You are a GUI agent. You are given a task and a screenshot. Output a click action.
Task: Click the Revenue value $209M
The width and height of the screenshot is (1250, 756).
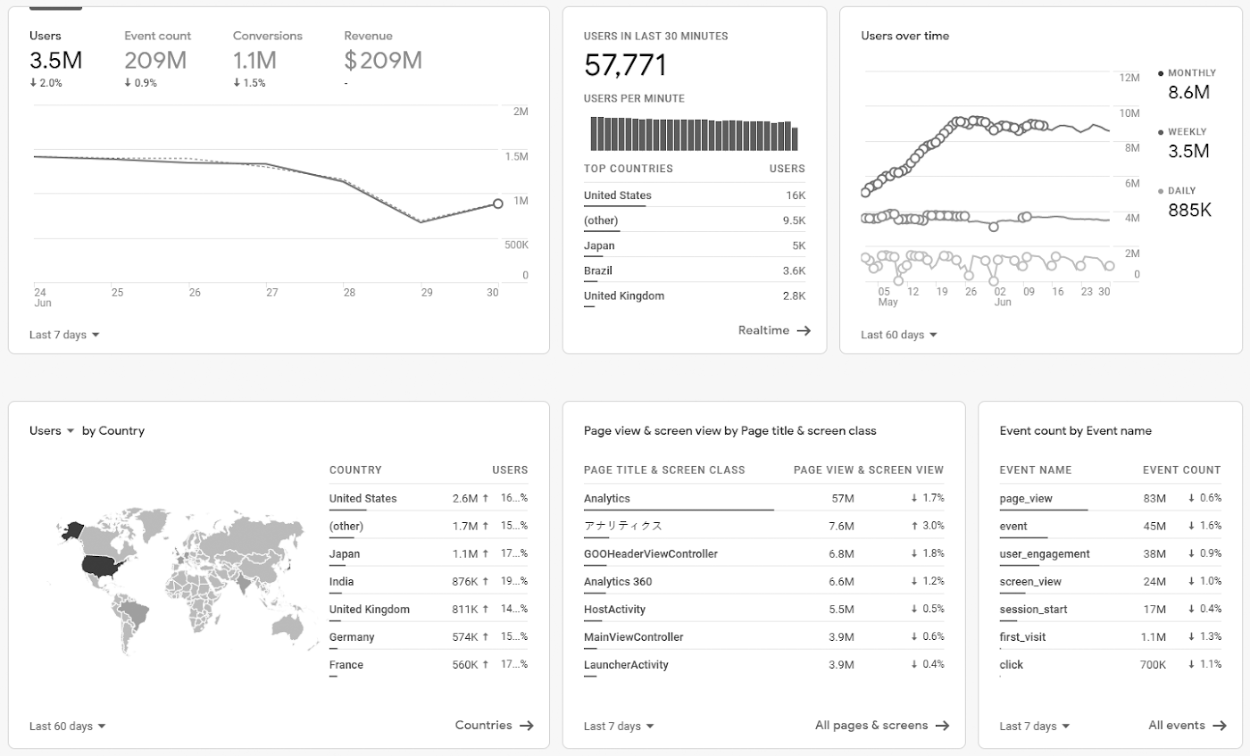point(383,61)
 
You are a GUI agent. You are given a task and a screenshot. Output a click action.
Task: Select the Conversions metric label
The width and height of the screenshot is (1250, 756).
point(267,36)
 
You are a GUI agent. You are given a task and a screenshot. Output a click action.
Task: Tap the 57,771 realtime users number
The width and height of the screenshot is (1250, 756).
point(625,65)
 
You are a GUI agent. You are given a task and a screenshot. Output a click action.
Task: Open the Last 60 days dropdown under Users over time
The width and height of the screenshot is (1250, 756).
point(899,335)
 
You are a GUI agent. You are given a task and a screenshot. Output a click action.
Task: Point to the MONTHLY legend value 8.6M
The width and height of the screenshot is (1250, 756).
point(1188,92)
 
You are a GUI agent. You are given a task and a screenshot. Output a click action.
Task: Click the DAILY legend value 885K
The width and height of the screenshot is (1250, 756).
point(1189,210)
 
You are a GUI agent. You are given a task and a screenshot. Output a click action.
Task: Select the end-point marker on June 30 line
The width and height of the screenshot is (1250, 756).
point(497,204)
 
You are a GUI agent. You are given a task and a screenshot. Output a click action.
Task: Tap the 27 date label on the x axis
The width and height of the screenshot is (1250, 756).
point(271,292)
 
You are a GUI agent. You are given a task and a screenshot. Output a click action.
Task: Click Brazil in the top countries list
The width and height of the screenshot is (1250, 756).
point(597,270)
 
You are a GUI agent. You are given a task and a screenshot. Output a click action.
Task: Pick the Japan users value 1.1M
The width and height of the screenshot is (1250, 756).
point(465,553)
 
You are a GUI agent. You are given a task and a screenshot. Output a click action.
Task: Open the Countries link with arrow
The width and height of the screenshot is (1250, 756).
point(494,726)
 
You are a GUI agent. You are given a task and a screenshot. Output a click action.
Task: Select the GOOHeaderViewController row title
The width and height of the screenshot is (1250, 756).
point(650,553)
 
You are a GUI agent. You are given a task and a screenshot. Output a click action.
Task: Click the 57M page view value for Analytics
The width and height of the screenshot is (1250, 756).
point(843,498)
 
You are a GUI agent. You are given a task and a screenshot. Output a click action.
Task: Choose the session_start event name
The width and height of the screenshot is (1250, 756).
point(1033,609)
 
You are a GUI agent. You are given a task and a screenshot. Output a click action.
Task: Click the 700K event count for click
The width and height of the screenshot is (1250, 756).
point(1153,665)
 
